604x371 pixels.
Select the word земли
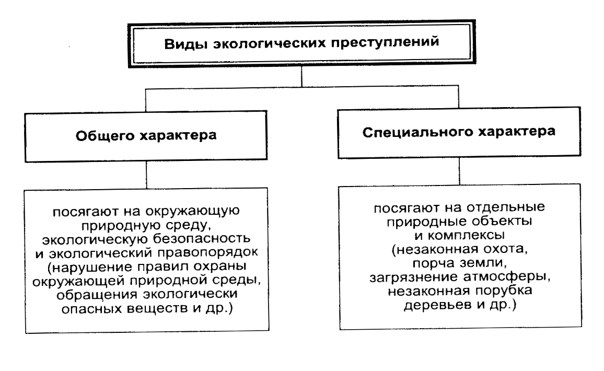484,263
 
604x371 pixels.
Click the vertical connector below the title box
303,78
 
